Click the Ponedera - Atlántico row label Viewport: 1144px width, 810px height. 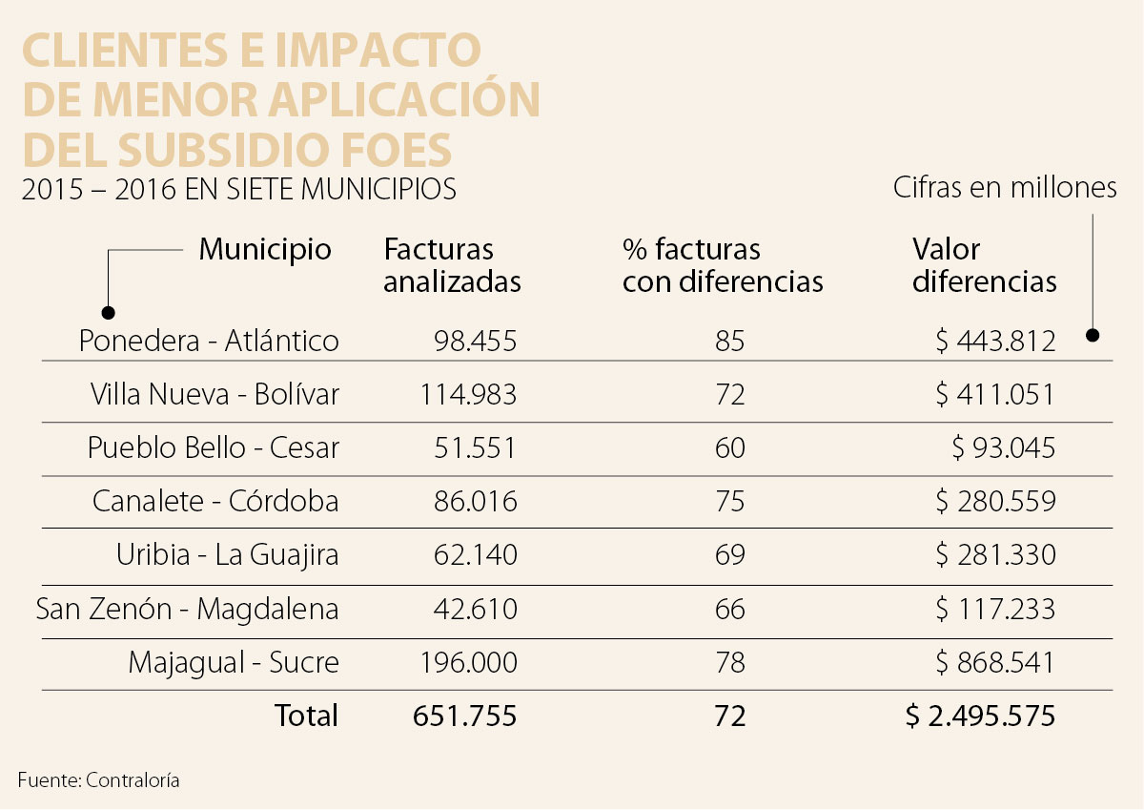pos(209,341)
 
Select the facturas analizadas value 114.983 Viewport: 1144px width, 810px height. pos(468,394)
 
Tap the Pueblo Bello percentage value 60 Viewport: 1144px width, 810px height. pos(729,447)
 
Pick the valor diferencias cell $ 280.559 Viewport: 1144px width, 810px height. pos(995,501)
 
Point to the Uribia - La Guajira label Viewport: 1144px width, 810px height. pos(227,554)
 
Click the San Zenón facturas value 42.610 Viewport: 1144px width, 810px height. pos(474,608)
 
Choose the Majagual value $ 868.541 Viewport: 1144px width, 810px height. pos(995,662)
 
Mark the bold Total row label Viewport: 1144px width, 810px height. pos(306,716)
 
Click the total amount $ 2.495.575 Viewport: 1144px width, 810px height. pos(980,716)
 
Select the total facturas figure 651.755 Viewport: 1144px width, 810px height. pos(464,716)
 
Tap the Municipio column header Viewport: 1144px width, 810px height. pos(265,250)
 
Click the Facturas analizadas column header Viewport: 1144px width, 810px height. pos(452,265)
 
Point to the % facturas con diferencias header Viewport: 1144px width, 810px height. pos(722,265)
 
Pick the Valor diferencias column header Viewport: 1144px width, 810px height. pos(984,265)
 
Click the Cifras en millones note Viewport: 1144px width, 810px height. pos(1004,188)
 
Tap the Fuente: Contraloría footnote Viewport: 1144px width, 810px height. pos(98,780)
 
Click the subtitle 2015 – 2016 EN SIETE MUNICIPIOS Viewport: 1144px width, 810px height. pos(238,190)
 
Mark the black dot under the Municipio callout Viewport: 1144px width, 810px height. pos(109,313)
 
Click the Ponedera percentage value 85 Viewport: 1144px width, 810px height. pos(729,341)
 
